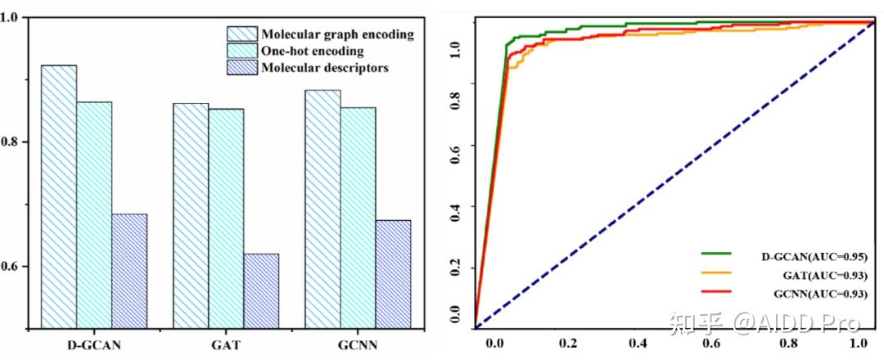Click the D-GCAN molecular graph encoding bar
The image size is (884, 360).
click(x=59, y=196)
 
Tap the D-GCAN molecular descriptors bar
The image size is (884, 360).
click(x=129, y=271)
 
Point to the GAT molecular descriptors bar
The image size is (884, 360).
click(x=261, y=290)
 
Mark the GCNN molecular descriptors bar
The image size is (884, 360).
click(x=393, y=274)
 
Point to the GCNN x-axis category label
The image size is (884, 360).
click(x=358, y=344)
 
